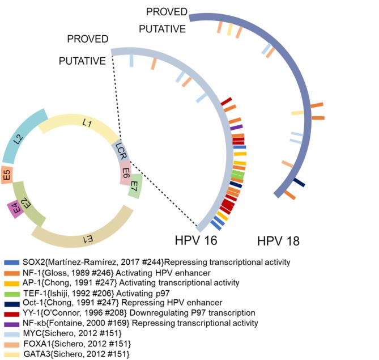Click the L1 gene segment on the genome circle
click(85, 122)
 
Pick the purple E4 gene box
click(16, 210)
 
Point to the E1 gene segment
click(85, 232)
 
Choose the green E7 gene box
click(134, 186)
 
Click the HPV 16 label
click(197, 240)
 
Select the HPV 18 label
click(278, 240)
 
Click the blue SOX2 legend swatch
click(11, 262)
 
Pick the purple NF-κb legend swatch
click(11, 323)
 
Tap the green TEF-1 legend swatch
click(11, 293)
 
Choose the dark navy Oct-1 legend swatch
click(11, 303)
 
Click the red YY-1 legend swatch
click(11, 313)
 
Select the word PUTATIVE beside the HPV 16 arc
click(82, 60)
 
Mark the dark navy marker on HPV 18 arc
click(299, 182)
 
